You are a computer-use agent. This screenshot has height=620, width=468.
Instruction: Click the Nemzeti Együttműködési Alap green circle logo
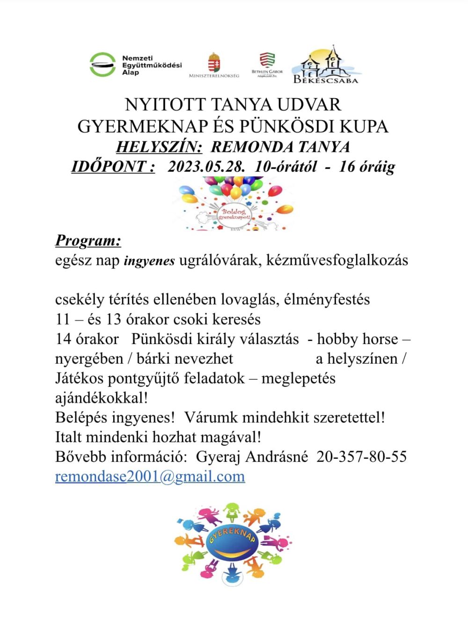102,65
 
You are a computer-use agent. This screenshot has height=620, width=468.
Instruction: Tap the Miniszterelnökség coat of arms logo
214,63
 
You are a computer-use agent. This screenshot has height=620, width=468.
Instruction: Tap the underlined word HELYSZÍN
159,147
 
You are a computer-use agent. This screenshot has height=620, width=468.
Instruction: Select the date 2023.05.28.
206,166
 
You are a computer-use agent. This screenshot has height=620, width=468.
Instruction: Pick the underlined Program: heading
88,240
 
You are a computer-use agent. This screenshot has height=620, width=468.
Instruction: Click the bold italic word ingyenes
149,261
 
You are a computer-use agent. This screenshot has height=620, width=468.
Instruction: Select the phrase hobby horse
358,339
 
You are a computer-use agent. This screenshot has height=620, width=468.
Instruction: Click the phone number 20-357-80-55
361,456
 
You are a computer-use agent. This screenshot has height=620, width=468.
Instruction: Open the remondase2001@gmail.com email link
150,476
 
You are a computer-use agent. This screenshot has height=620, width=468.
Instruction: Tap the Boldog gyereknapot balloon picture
234,204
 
